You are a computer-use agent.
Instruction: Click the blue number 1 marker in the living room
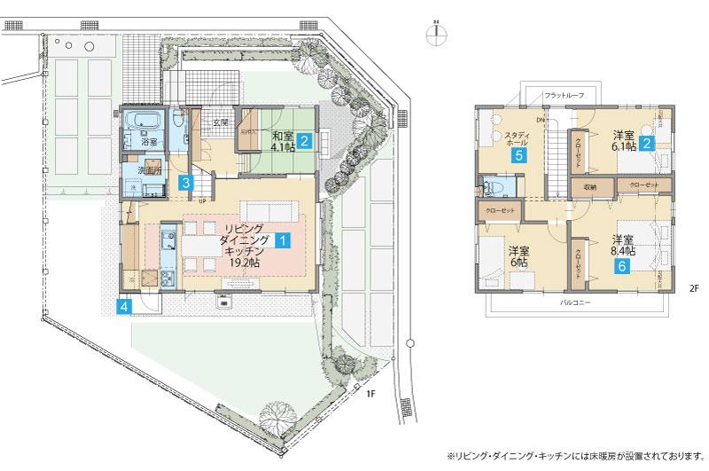(282, 239)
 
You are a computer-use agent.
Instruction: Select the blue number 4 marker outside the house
(125, 307)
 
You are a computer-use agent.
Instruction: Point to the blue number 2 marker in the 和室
(303, 139)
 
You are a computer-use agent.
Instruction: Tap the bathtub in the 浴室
(141, 120)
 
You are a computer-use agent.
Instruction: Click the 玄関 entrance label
(220, 122)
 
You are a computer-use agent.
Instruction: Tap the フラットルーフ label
(563, 94)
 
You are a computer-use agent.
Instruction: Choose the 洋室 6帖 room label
(518, 256)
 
